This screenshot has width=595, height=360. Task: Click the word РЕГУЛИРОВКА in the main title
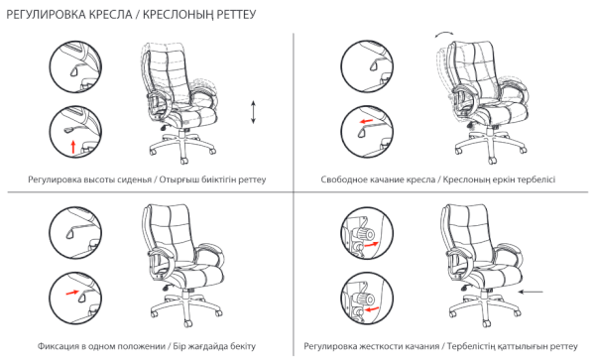(x=46, y=15)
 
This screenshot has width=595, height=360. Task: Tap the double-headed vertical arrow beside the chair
(x=254, y=112)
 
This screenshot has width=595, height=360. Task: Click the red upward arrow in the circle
(x=73, y=147)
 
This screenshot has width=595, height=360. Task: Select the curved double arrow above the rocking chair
(x=444, y=35)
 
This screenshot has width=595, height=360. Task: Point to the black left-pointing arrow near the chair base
(x=531, y=292)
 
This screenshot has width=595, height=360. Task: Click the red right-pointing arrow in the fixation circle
(x=72, y=293)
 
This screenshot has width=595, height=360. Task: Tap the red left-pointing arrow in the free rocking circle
(x=366, y=121)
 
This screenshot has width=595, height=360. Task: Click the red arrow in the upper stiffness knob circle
(x=371, y=244)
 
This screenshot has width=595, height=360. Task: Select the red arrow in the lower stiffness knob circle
(x=371, y=309)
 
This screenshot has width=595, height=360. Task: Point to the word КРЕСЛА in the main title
(x=111, y=15)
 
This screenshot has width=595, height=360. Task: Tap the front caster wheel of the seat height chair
(x=184, y=161)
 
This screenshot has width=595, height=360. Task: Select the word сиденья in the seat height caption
(x=139, y=180)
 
